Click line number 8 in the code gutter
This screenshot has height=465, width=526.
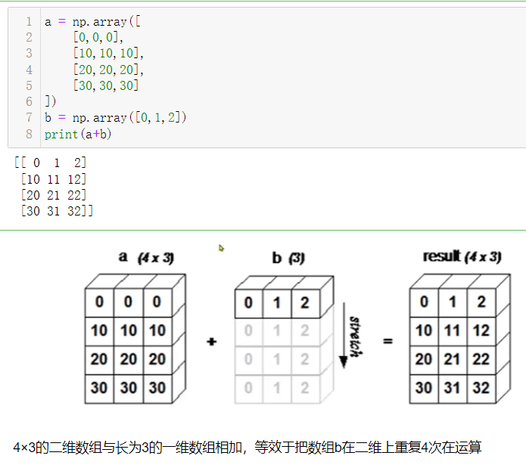pos(29,134)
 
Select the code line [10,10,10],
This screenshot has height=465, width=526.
pos(107,54)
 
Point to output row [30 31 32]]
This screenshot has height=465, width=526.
pos(57,212)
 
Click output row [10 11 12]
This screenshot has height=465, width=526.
pos(54,179)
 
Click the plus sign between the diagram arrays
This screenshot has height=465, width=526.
pos(211,342)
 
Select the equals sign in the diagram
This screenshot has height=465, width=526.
pos(388,342)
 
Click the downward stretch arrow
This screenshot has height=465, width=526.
pos(343,333)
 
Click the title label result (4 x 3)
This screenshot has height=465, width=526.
pos(462,257)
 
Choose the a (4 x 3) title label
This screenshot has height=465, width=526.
pos(146,257)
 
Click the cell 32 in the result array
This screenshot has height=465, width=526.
pos(481,388)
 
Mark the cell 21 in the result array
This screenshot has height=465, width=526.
pos(452,359)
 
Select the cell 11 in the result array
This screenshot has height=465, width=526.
pos(452,330)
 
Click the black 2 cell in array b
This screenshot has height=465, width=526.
pos(305,303)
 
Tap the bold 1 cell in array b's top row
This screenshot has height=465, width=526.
pos(276,303)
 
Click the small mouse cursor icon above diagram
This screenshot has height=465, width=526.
pos(221,247)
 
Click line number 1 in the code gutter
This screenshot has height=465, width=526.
pos(29,22)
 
